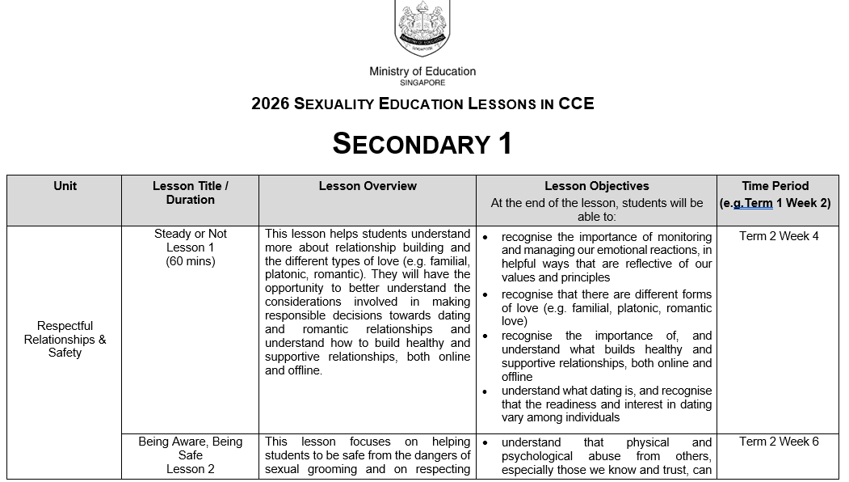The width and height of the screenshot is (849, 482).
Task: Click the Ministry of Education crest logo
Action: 422,28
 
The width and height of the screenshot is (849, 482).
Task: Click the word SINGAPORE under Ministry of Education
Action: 422,82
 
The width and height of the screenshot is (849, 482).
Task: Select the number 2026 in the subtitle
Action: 271,104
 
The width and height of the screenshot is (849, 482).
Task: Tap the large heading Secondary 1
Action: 422,143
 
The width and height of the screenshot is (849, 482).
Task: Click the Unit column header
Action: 65,186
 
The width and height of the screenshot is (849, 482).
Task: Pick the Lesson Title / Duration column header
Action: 191,192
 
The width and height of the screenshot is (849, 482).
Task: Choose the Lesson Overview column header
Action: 368,186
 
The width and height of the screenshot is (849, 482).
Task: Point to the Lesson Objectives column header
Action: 596,186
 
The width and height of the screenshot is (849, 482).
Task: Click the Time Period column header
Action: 775,186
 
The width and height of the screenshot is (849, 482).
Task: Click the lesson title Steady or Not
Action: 191,234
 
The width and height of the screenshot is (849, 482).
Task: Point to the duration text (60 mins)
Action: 191,261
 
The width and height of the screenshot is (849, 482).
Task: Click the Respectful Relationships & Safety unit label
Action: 65,340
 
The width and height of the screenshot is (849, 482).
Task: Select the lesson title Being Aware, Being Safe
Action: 191,448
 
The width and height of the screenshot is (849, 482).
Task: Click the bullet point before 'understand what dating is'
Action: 485,391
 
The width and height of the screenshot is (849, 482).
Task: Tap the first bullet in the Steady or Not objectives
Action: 485,237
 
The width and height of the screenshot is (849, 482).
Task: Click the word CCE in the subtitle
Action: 576,104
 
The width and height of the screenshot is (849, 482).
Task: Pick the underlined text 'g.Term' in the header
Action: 753,204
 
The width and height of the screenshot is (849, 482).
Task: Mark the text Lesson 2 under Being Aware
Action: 191,469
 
